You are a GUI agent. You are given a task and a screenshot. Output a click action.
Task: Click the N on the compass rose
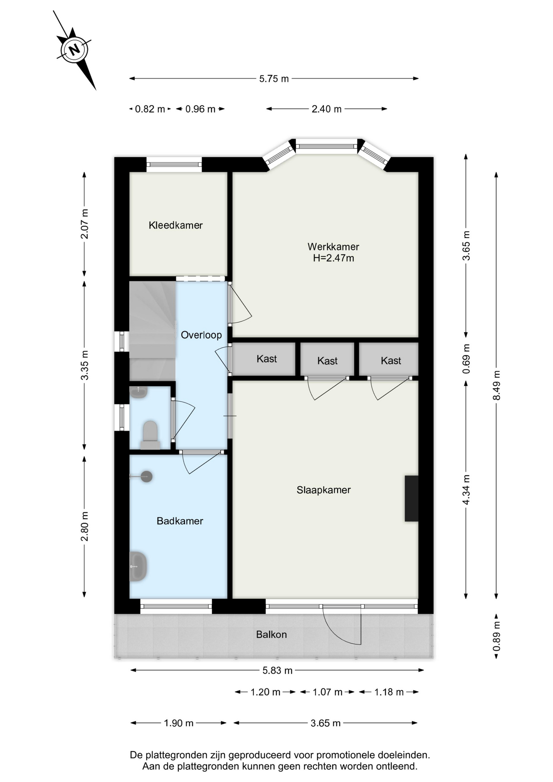74,50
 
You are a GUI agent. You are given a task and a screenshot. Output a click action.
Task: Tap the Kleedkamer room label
176,225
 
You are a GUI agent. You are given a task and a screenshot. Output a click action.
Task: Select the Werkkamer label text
333,246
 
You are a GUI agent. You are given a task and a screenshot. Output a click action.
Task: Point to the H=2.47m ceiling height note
333,258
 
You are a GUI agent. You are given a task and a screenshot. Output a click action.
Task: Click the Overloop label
201,335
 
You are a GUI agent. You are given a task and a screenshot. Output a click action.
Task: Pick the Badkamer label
180,521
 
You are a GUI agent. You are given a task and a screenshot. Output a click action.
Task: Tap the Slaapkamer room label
323,490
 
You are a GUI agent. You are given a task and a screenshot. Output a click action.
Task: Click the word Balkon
271,634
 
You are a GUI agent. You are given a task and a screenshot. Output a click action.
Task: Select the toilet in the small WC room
150,435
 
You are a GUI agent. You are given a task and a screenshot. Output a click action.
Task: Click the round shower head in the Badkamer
147,477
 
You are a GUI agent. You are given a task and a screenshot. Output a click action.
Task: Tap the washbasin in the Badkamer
138,566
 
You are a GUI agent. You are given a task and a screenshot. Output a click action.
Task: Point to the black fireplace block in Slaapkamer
411,498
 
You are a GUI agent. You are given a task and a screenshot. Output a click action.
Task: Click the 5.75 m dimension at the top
274,79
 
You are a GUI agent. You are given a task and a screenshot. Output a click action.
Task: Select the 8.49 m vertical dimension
496,385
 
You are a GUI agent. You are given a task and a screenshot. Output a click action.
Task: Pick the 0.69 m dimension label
466,359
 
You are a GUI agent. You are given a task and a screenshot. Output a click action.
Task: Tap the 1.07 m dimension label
327,692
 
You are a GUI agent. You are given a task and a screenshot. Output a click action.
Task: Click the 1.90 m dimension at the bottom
178,723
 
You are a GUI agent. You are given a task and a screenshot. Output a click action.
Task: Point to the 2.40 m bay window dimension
327,109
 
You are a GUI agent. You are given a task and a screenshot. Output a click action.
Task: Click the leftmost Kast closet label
267,359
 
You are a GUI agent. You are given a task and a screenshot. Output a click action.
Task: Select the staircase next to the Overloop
152,331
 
